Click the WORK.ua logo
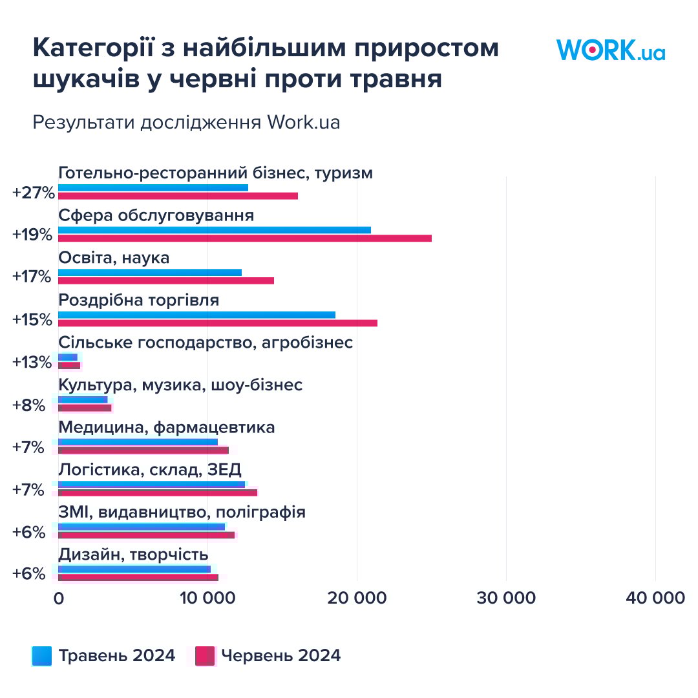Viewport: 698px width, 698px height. click(610, 50)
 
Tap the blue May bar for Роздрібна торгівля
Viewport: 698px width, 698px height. click(196, 315)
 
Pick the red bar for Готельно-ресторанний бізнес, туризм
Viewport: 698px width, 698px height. click(178, 196)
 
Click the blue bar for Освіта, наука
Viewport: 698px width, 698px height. click(149, 272)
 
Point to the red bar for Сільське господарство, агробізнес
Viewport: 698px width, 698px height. click(69, 366)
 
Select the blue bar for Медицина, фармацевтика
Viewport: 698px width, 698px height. click(138, 442)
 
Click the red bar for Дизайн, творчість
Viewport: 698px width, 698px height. click(138, 577)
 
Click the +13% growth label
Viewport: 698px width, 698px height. click(32, 362)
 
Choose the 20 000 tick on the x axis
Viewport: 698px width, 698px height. click(357, 598)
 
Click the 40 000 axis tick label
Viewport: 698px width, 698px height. click(655, 598)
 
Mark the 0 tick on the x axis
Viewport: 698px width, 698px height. click(59, 598)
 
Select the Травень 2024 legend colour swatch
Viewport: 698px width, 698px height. click(42, 656)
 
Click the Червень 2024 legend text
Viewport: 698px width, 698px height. click(280, 656)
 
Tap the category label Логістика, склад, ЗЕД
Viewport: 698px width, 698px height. click(150, 469)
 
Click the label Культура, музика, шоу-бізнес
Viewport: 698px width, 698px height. click(180, 385)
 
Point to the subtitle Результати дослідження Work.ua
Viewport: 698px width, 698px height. click(186, 123)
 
